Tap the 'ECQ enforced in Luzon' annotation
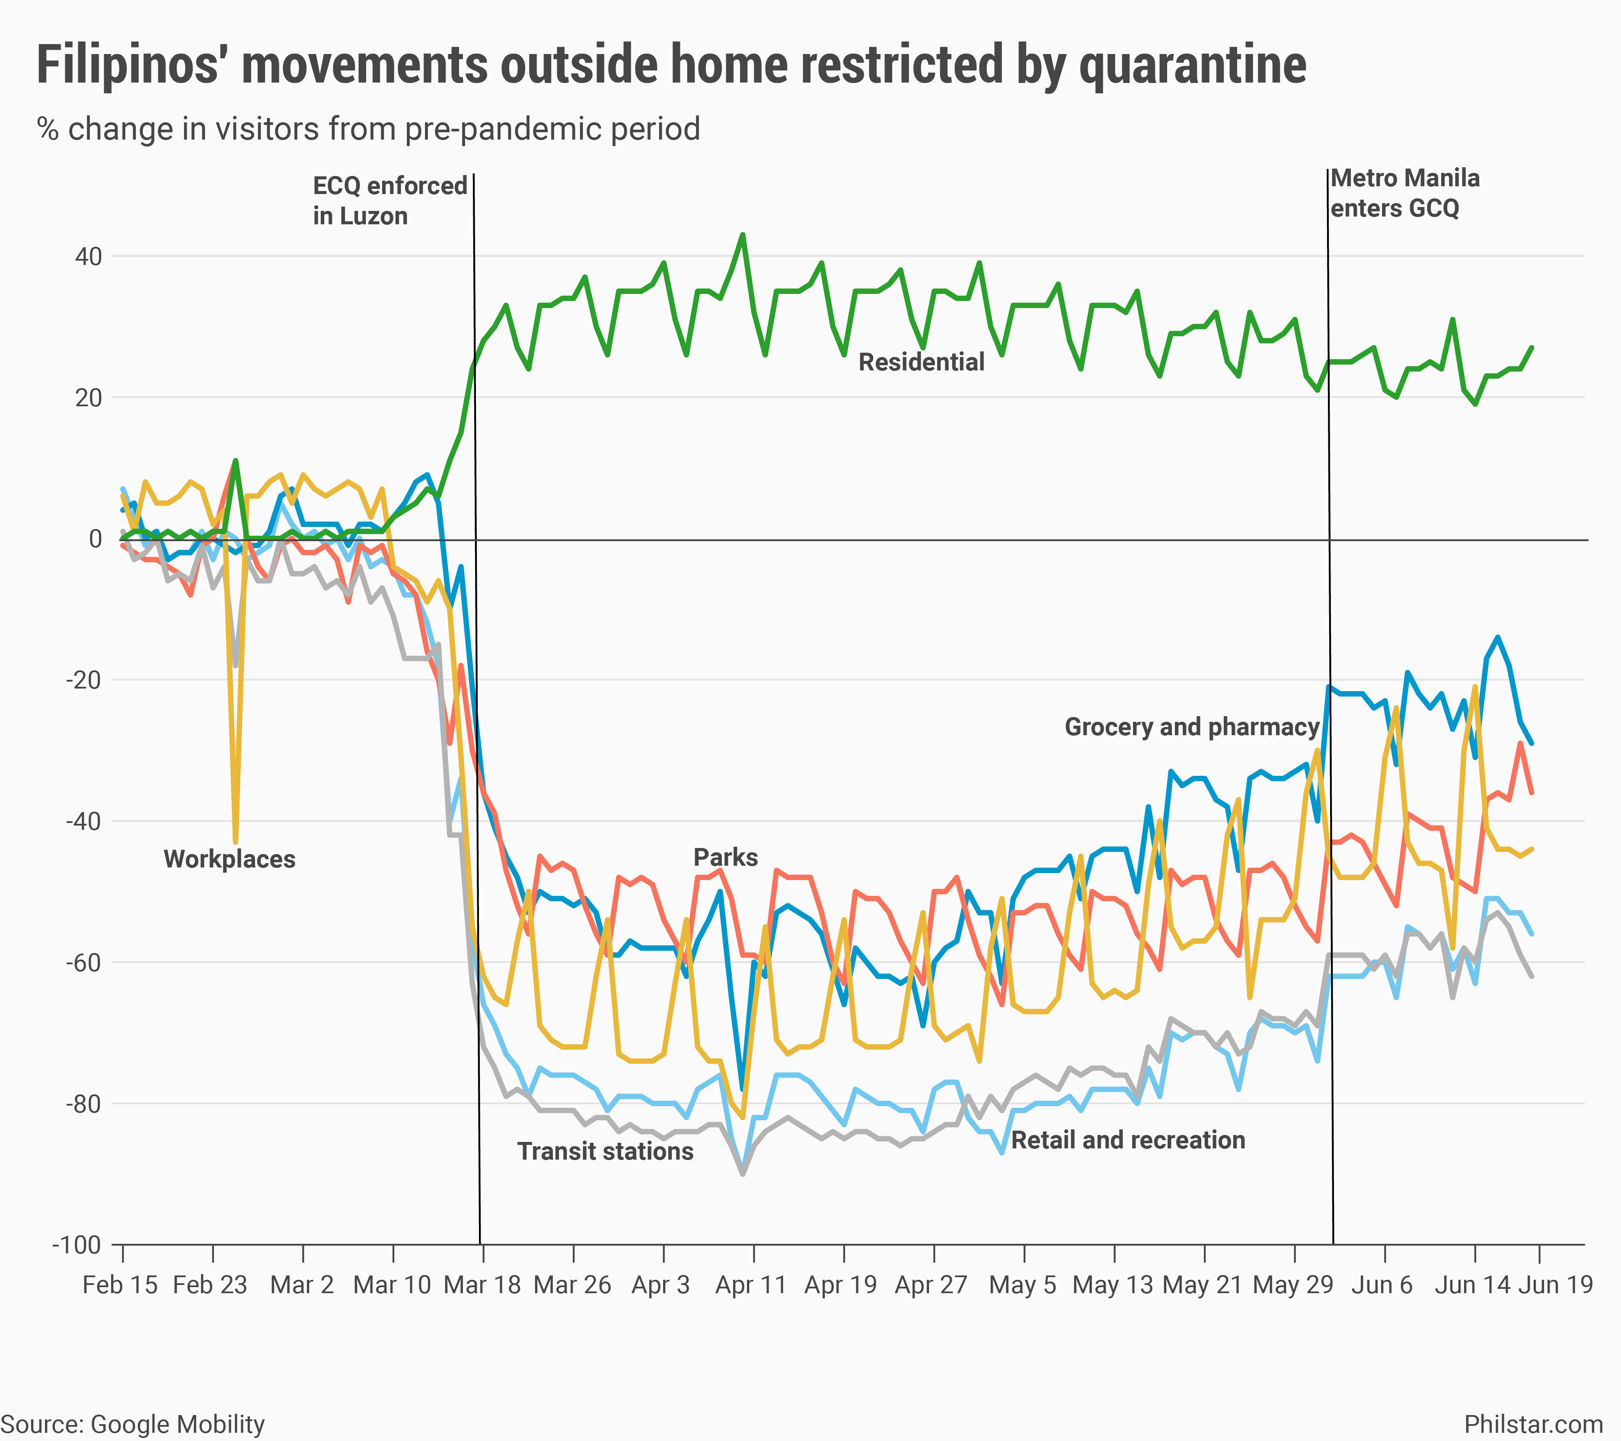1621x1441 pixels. pyautogui.click(x=389, y=201)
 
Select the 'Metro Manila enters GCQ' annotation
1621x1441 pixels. pyautogui.click(x=1404, y=193)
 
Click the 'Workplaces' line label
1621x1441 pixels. pyautogui.click(x=229, y=859)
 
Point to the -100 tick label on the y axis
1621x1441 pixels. pyautogui.click(x=77, y=1245)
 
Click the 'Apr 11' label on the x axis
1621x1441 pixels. pyautogui.click(x=750, y=1285)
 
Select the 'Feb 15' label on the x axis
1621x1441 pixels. pyautogui.click(x=120, y=1285)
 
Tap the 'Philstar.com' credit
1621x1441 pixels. pyautogui.click(x=1533, y=1424)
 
